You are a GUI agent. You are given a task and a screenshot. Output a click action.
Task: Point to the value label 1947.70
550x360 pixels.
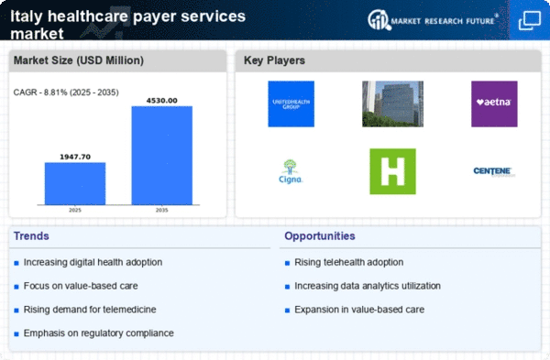pos(75,156)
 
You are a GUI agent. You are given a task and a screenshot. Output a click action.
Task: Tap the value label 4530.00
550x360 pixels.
pos(161,99)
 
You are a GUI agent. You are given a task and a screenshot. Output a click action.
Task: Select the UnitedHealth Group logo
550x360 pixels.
pos(291,103)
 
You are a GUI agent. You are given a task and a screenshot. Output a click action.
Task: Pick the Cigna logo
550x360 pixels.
pos(291,170)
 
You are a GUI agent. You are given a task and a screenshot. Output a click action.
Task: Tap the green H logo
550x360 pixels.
pos(392,171)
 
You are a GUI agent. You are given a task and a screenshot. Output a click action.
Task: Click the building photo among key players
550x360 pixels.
pos(392,103)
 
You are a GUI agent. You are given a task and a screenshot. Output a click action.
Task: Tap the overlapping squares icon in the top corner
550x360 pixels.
pos(529,20)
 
